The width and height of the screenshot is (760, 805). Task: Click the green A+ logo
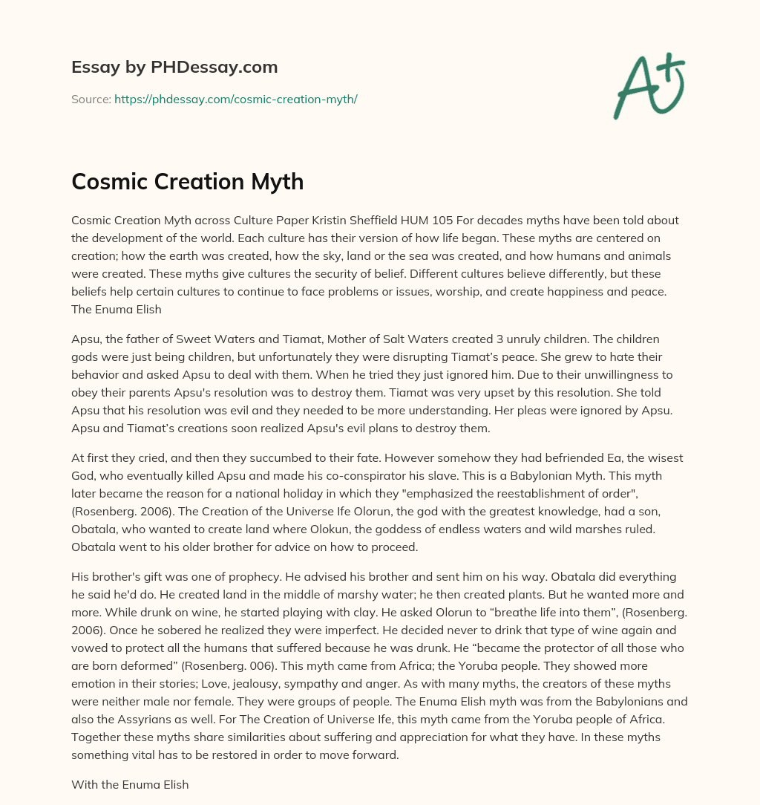(648, 88)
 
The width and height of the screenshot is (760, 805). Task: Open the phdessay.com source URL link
(235, 99)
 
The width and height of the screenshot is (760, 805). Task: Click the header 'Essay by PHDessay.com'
(174, 68)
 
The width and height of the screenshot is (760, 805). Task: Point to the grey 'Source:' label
(91, 99)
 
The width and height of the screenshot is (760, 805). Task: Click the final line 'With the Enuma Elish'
(130, 783)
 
